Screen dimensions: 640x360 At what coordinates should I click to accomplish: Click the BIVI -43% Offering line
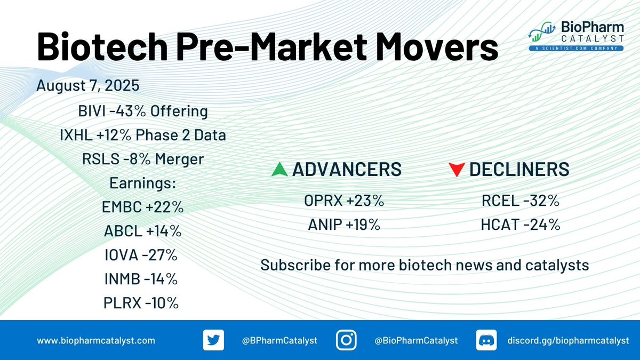143,111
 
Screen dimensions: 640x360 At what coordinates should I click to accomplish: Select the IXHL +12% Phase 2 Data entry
143,135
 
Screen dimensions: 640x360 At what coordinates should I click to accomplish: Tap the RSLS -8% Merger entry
143,159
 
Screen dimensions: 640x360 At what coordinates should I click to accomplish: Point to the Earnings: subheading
142,183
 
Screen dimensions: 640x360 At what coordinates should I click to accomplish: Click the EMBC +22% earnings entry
142,207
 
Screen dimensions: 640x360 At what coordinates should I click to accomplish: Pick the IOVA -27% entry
141,255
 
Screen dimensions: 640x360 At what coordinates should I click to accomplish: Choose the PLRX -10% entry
141,303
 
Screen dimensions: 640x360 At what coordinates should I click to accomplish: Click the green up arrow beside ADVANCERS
279,169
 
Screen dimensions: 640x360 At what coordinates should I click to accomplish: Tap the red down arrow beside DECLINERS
457,170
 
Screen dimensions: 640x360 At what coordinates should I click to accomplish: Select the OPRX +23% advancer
344,201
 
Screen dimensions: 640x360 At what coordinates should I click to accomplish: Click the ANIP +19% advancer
344,225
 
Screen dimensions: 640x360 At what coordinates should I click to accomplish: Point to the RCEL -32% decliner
521,201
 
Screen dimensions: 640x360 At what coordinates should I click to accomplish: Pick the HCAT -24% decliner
521,225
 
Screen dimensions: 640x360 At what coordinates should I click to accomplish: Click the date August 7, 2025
87,85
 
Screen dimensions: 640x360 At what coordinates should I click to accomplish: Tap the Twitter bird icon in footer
213,340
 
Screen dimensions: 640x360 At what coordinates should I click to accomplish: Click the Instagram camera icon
346,340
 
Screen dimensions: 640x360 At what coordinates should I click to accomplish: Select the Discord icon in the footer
486,340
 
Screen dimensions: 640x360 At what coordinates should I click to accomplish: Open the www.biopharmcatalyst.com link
96,341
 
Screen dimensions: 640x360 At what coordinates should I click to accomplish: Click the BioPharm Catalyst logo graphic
542,31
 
